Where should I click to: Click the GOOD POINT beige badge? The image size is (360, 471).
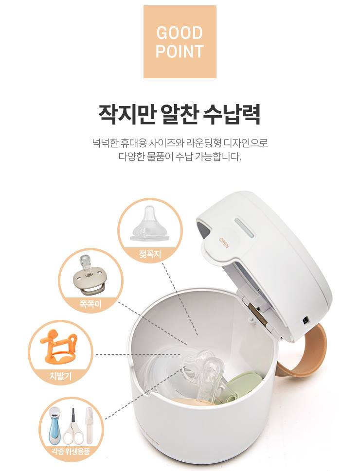pos(180,42)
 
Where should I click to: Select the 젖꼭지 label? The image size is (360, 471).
pos(150,255)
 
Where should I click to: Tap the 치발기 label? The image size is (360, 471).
pos(60,376)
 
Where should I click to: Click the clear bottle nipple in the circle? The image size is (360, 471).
pos(149,223)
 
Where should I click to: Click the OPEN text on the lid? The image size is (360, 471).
pos(224,243)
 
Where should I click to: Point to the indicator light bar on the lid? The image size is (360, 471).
pos(244,227)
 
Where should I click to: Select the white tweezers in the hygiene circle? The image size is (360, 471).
pos(88,425)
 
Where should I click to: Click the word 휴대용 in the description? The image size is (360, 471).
pos(133,142)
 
